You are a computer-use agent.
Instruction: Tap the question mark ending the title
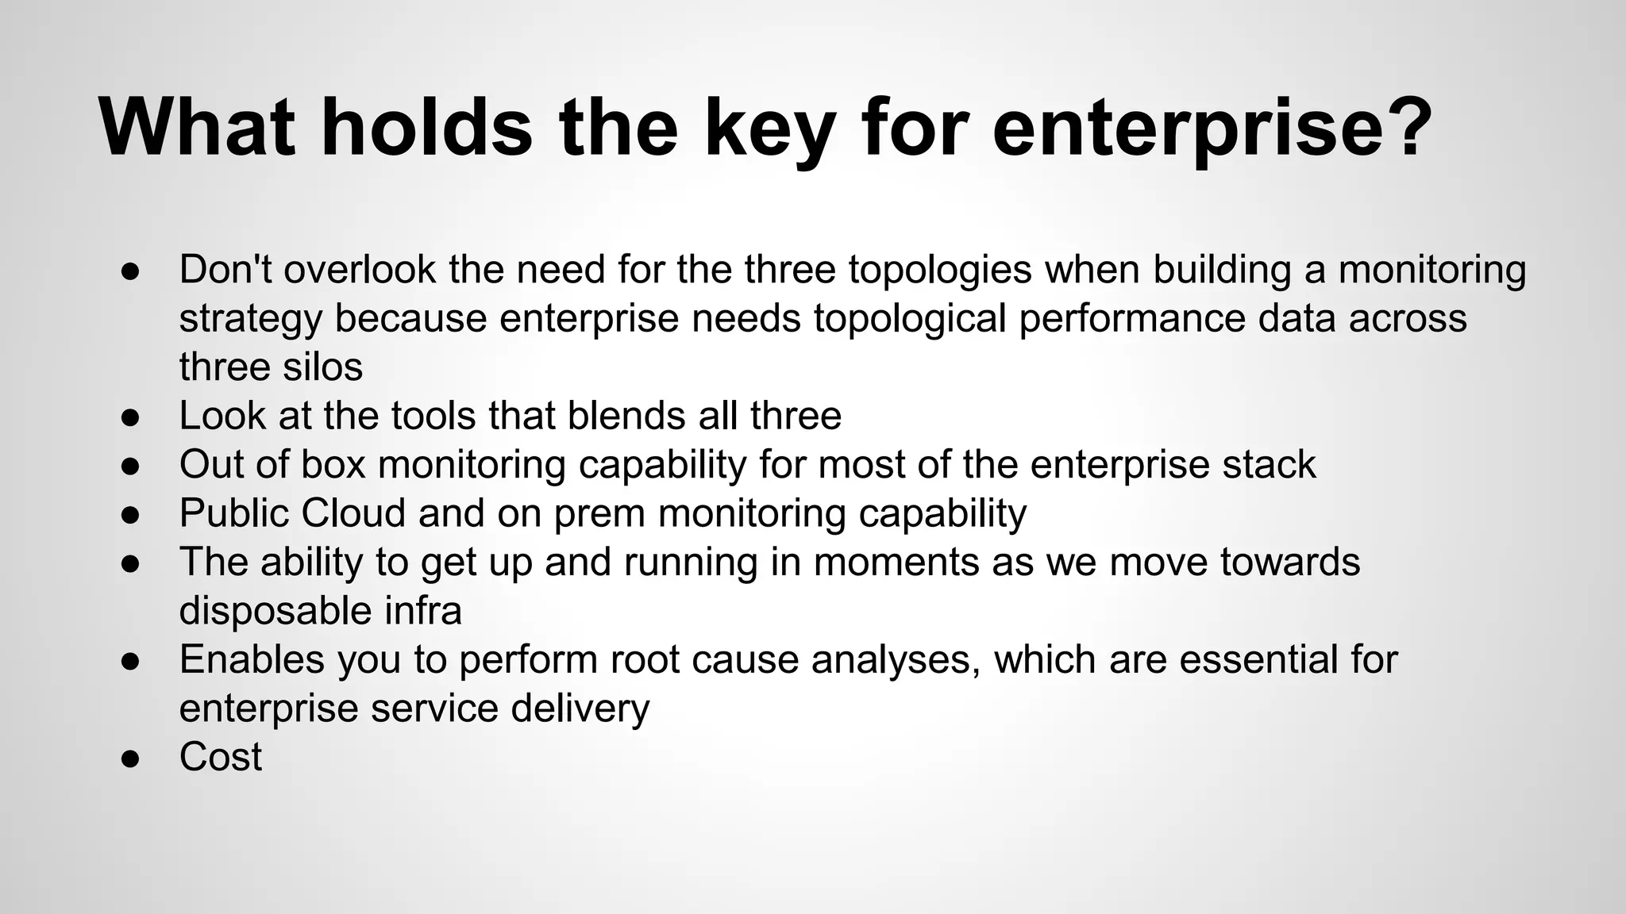coord(1408,127)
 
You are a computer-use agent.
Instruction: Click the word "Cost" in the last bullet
coord(220,757)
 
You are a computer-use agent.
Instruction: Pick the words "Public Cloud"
coord(292,513)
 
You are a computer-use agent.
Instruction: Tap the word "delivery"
coord(580,709)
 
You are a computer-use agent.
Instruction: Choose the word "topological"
coord(909,319)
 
